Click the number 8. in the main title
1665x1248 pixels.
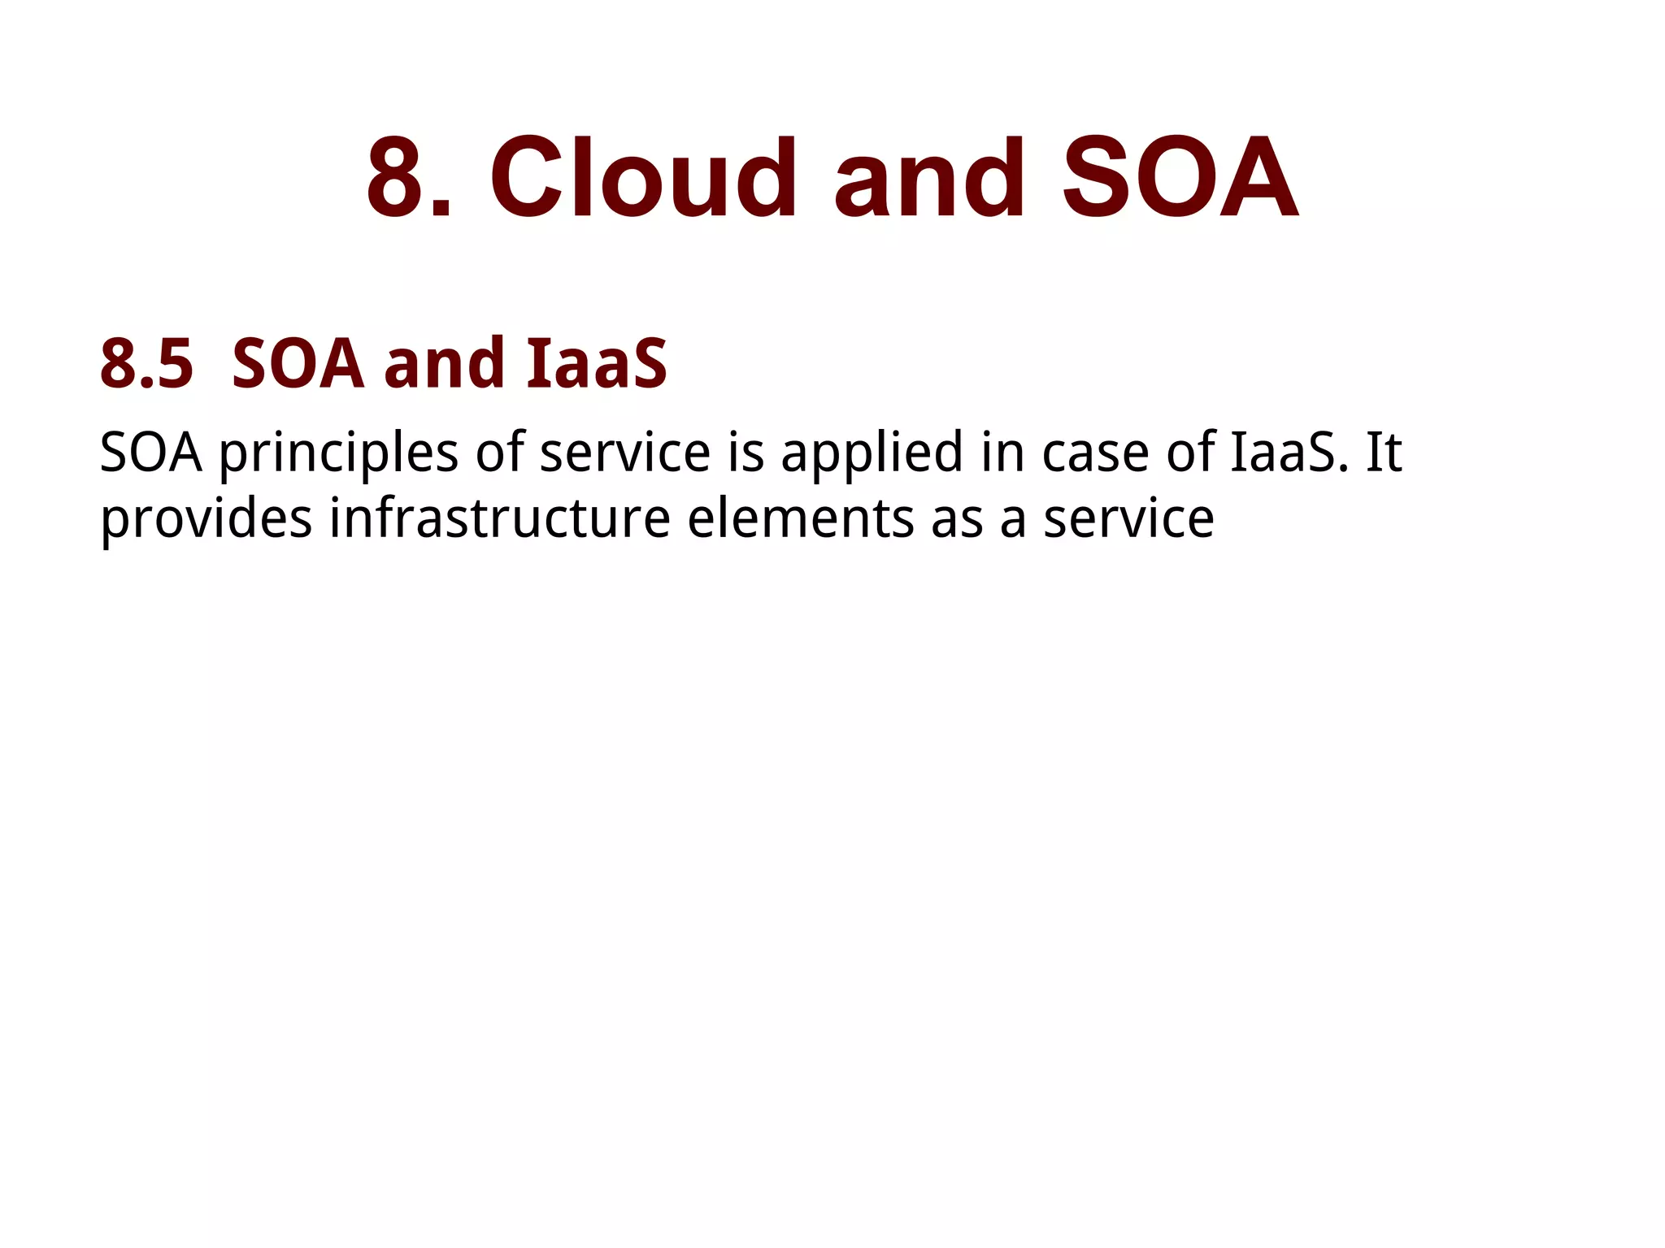[x=409, y=179]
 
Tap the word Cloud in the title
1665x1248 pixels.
[x=643, y=179]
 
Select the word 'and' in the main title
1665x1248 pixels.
[x=929, y=179]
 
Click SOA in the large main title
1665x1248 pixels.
[x=1180, y=179]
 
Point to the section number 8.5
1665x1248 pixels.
[x=147, y=365]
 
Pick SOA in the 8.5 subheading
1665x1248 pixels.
[x=298, y=365]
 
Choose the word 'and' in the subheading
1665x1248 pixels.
[x=444, y=365]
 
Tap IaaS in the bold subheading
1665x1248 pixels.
[x=597, y=365]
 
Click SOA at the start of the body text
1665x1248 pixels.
[x=150, y=453]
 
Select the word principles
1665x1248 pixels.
[x=338, y=453]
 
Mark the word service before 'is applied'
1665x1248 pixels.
[x=625, y=453]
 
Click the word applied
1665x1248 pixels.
[x=872, y=453]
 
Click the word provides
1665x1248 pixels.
[x=206, y=519]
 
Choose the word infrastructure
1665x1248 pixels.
[x=499, y=519]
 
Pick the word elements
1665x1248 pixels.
[x=801, y=519]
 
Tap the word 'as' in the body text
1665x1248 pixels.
[x=957, y=519]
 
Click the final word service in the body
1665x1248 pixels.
[x=1128, y=519]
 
